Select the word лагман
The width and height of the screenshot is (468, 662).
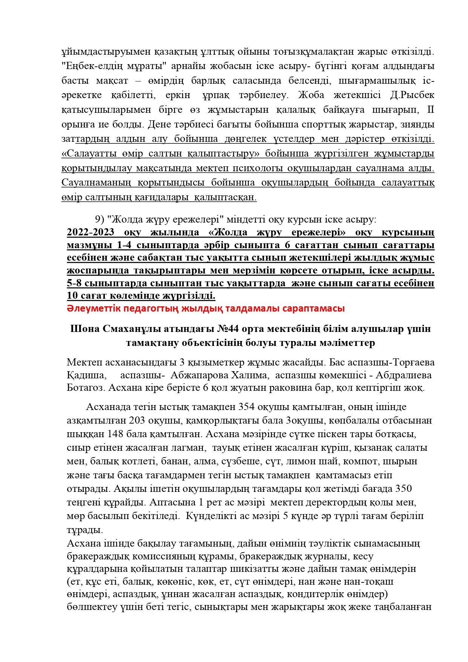[x=191, y=448]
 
